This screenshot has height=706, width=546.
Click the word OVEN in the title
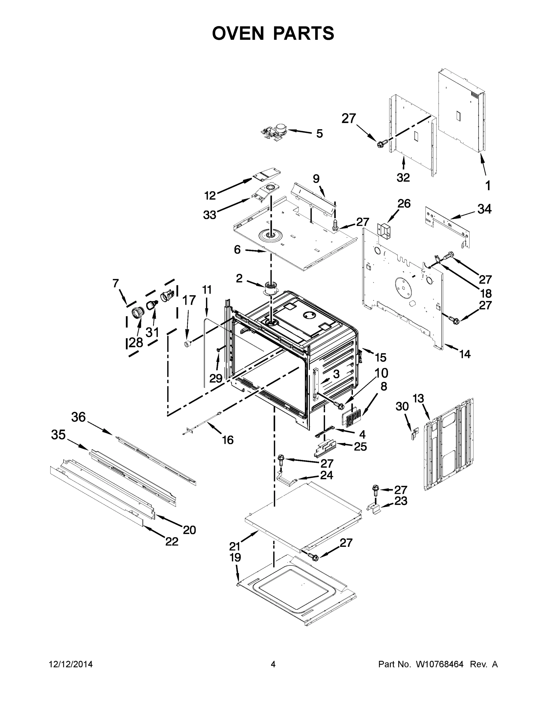238,33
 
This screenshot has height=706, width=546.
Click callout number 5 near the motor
319,134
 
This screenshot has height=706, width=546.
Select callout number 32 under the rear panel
403,177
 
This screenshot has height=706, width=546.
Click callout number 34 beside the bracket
484,209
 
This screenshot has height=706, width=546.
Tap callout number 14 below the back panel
465,354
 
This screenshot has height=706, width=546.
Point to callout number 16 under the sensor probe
228,440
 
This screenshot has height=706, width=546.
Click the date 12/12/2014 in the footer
71,664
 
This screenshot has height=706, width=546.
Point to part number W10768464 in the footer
439,664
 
